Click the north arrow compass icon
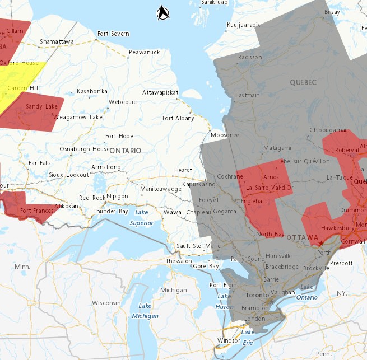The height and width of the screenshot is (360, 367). point(163,12)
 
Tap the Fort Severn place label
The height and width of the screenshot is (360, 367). point(113,34)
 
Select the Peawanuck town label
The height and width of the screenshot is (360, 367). point(144,52)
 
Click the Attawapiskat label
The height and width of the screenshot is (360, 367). point(160,92)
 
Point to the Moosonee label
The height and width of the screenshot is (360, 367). point(225,135)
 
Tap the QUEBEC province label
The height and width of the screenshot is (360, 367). point(303,82)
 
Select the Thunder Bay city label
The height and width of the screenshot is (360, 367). point(112,211)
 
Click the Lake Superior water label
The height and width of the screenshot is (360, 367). point(141,218)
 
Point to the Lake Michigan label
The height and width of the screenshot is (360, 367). point(145,311)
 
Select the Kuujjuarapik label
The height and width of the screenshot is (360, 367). point(244,25)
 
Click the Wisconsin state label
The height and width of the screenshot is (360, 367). point(106,303)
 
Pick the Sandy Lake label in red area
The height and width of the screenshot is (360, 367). point(41,106)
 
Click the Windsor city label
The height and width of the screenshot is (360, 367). point(229,341)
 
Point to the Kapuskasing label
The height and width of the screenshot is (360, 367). point(199,184)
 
